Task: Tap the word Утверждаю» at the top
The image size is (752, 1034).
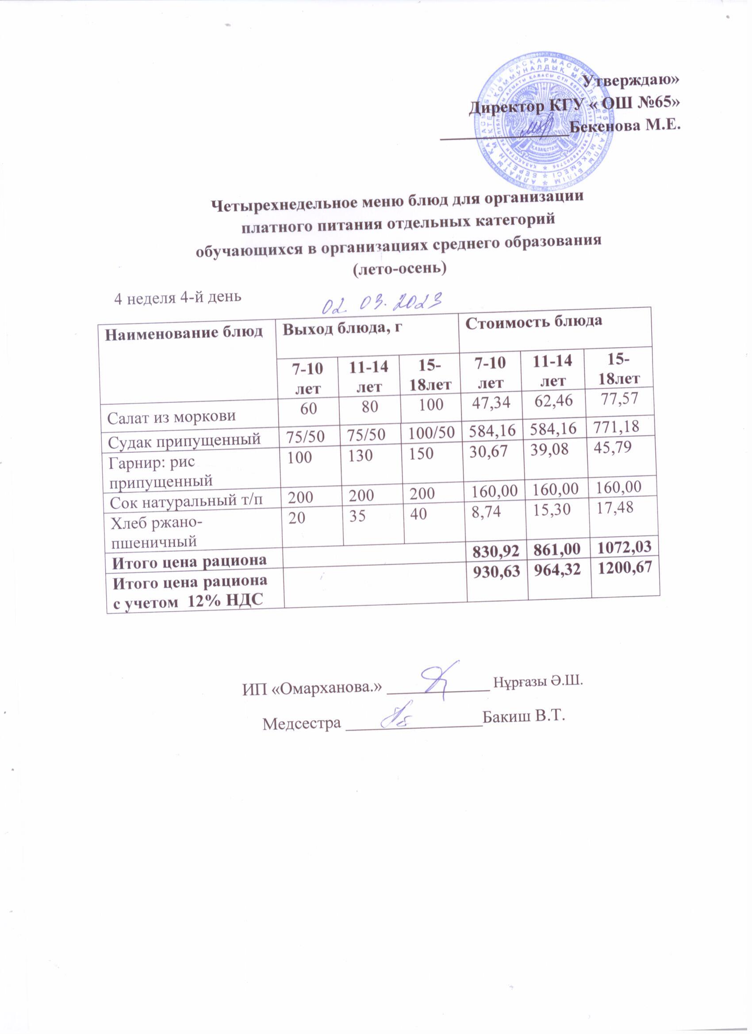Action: click(631, 79)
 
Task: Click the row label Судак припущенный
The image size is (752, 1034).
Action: click(184, 439)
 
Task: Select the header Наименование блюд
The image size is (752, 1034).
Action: click(184, 332)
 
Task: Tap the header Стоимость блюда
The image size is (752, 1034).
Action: click(533, 321)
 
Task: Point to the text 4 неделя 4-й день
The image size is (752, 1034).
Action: click(177, 297)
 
